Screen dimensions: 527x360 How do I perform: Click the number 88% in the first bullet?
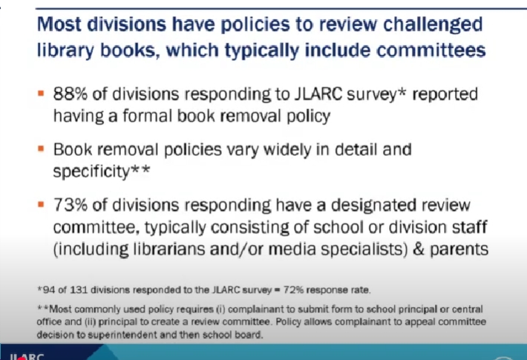(71, 94)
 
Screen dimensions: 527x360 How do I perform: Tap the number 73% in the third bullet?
(71, 205)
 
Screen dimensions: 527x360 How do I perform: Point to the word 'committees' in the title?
(431, 50)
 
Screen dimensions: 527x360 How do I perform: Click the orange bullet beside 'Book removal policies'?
(41, 148)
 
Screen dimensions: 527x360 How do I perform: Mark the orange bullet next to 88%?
(41, 93)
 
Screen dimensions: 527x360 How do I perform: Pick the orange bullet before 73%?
(41, 204)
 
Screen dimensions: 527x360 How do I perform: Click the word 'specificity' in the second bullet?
(91, 172)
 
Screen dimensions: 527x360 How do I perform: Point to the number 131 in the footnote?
(79, 289)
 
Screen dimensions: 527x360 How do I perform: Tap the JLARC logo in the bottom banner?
(27, 356)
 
